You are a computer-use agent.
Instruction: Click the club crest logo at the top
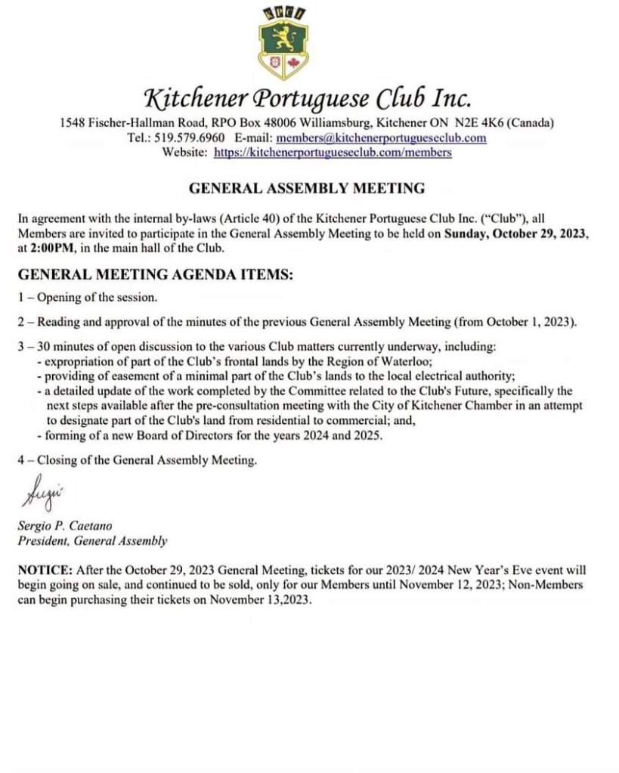pos(283,43)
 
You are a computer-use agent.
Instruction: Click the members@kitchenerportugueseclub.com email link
pos(381,138)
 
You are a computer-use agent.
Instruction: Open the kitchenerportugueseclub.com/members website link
pos(333,152)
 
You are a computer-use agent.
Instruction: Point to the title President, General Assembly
pos(92,540)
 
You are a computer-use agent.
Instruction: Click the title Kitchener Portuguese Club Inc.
pos(308,98)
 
